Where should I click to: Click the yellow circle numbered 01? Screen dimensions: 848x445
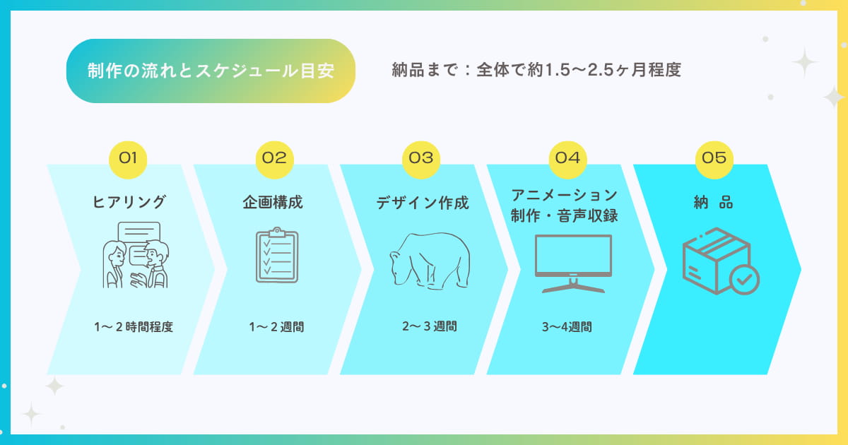128,160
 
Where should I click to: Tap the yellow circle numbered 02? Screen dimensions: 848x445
274,160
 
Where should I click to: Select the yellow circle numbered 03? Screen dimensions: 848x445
421,160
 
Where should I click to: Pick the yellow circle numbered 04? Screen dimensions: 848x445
567,160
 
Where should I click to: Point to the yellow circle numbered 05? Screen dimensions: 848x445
714,160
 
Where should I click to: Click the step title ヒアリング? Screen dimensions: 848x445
129,202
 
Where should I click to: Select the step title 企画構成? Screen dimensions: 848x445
273,202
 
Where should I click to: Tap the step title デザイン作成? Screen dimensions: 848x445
423,203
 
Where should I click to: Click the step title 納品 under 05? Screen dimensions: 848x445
713,202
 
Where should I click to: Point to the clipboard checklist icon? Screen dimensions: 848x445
277,255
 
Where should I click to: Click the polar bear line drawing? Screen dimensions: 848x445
430,261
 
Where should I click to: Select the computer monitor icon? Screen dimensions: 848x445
573,263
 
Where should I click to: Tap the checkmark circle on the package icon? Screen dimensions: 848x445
744,280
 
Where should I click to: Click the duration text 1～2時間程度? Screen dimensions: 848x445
134,326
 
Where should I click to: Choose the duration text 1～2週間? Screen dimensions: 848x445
276,326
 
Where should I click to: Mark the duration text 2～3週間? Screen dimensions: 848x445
430,326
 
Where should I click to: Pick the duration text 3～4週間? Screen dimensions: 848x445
567,326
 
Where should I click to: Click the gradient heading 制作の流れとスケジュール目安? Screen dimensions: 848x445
211,71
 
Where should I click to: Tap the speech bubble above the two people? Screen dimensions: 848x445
139,232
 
